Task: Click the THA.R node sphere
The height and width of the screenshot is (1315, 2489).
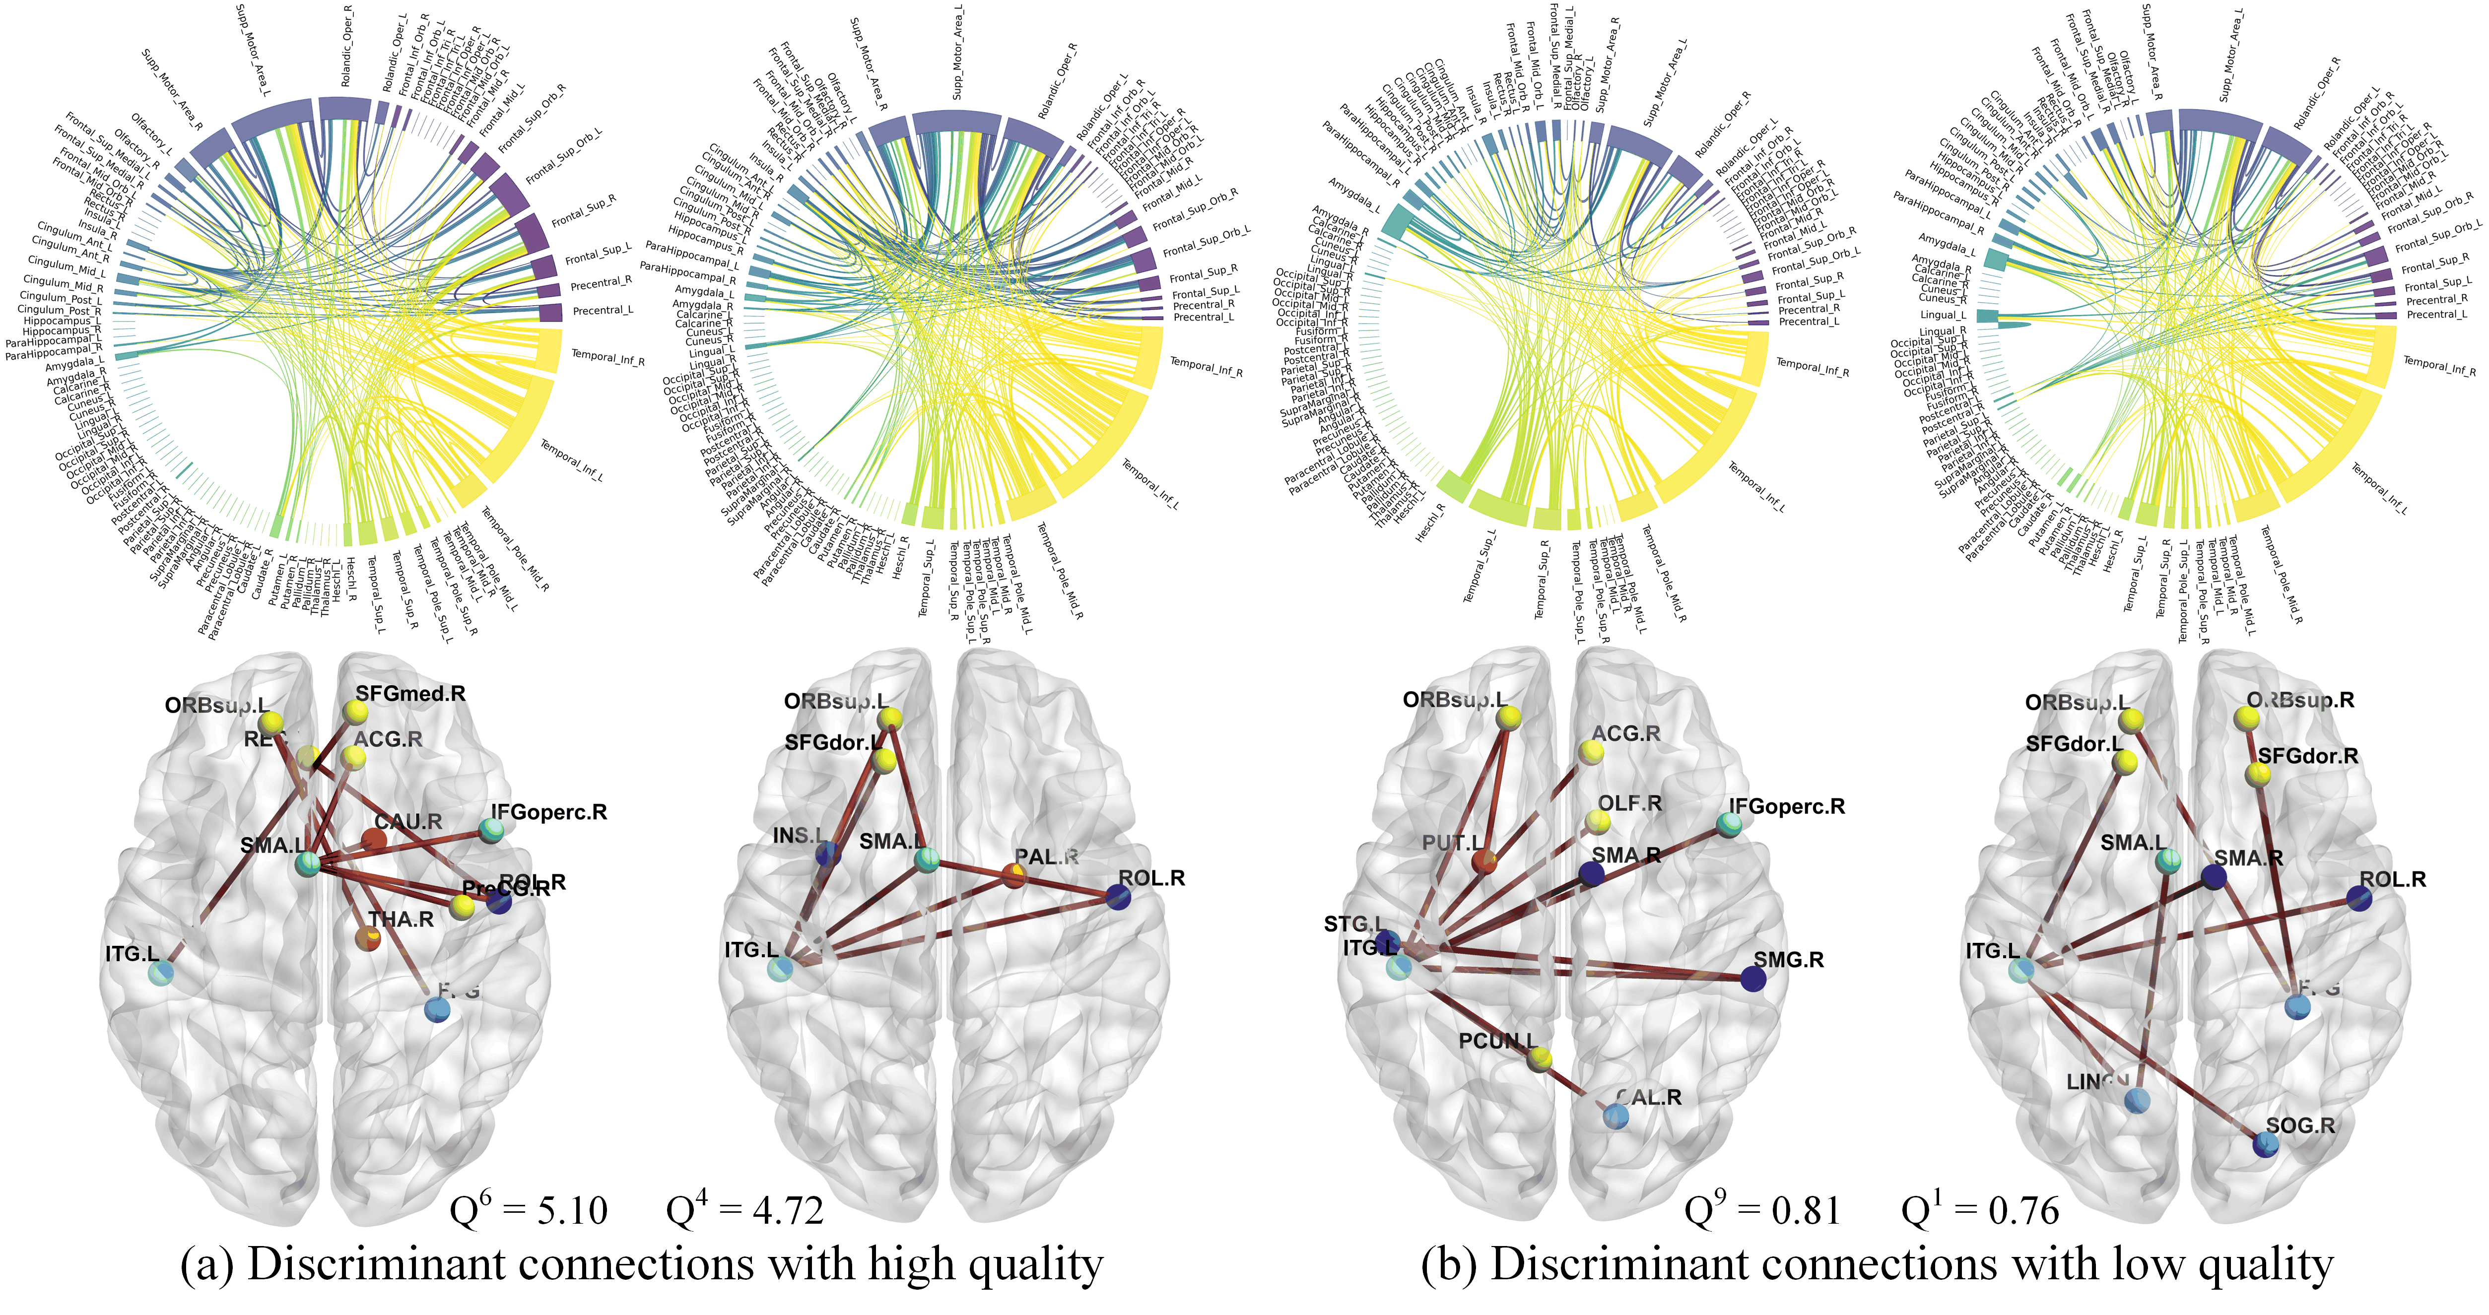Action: tap(367, 937)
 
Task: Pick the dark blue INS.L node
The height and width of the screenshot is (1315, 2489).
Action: tap(827, 854)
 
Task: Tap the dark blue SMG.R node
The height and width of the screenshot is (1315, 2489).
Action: tap(1753, 979)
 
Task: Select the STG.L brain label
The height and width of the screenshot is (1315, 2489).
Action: tap(1352, 923)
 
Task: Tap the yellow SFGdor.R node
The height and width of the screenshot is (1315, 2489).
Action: tap(2257, 774)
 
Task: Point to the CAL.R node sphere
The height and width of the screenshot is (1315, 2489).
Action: tap(1615, 1117)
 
